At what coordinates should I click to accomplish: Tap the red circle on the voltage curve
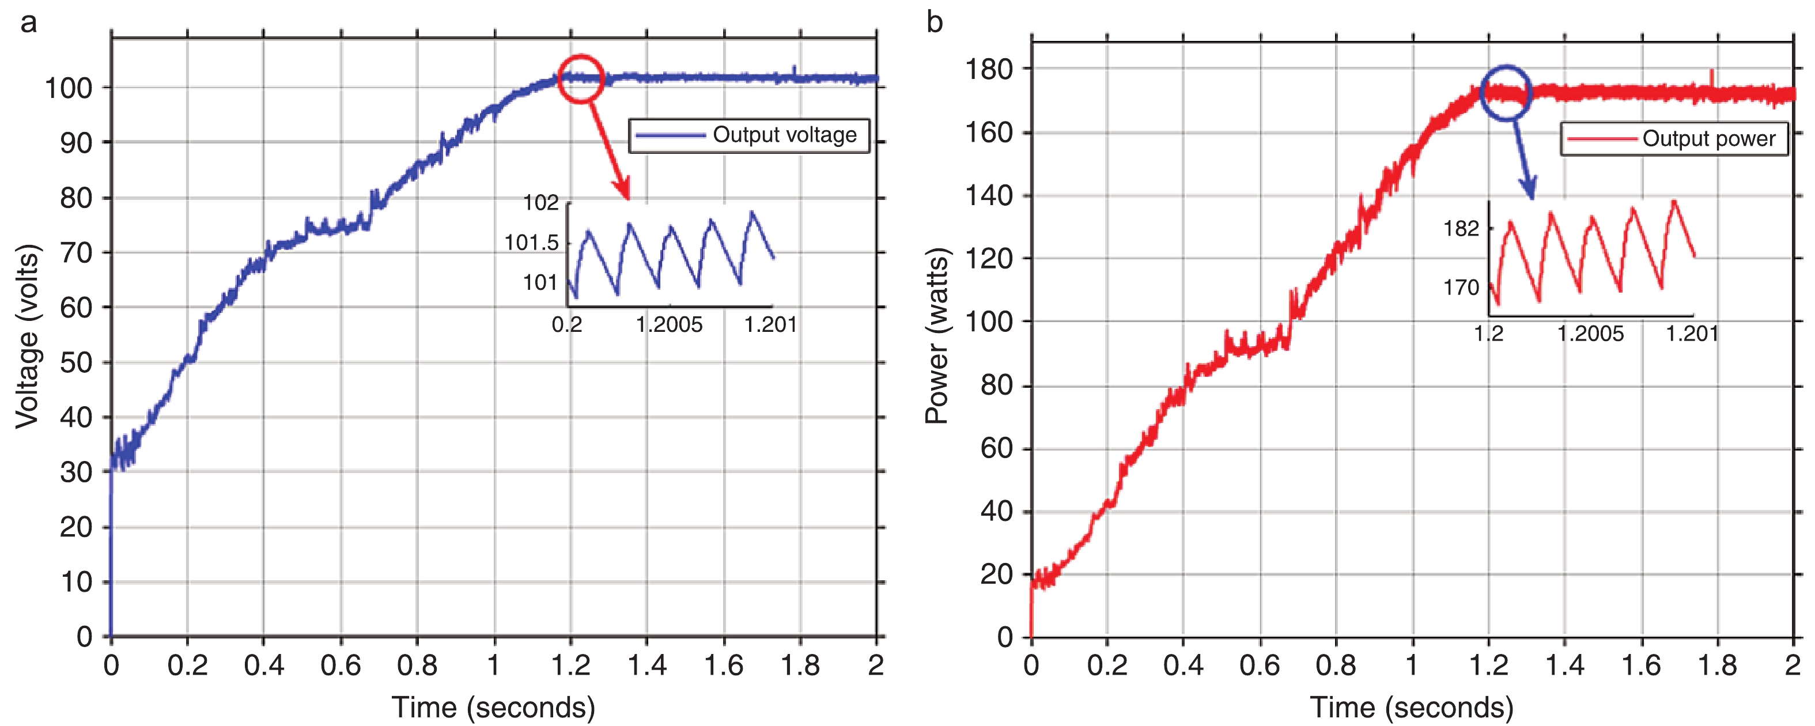581,79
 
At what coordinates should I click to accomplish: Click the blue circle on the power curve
1506,92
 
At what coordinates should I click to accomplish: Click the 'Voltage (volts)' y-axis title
27,336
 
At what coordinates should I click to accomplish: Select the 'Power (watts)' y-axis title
937,336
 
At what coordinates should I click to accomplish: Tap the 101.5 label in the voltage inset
531,243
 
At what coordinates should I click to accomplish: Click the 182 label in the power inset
1461,228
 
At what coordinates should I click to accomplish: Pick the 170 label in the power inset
1461,288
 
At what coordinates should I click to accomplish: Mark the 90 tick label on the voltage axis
76,143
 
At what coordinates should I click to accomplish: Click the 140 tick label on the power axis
989,195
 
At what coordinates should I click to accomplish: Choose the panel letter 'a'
28,23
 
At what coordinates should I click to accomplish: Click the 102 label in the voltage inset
540,203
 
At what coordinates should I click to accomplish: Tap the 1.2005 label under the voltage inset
668,325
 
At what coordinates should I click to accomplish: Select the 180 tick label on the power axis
989,69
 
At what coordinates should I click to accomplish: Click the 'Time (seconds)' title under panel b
1411,707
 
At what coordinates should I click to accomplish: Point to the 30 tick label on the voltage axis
76,472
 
